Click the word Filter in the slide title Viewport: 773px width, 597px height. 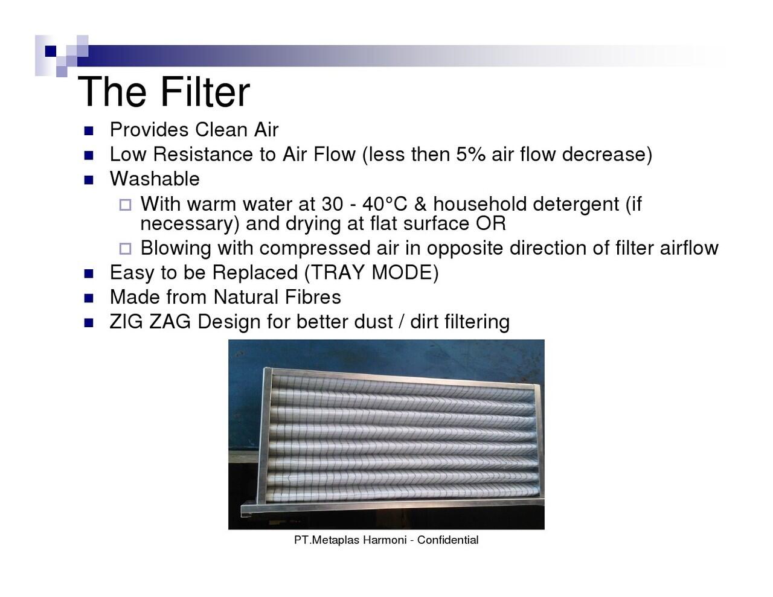205,92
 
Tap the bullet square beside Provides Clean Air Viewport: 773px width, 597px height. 89,131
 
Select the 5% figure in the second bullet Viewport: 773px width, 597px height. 470,155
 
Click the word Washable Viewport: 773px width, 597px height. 155,179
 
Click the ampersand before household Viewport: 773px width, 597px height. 420,204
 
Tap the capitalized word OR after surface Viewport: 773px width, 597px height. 490,224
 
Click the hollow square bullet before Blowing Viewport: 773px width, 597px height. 125,249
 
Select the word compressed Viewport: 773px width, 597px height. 315,248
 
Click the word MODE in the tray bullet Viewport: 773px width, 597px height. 401,273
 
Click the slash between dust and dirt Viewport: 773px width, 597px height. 401,322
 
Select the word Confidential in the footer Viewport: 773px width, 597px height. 447,540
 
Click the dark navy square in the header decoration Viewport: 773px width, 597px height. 51,51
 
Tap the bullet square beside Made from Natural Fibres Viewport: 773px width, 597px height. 89,298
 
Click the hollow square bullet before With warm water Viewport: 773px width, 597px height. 125,205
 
